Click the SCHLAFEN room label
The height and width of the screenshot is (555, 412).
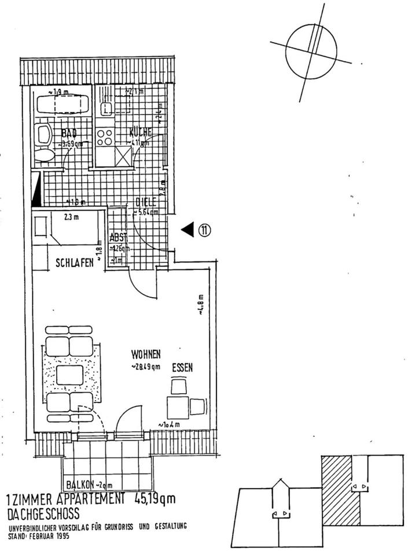(x=75, y=262)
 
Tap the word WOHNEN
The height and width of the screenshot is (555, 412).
(x=145, y=354)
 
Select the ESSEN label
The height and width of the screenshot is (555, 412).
(x=182, y=367)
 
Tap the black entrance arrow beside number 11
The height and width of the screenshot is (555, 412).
(x=187, y=230)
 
